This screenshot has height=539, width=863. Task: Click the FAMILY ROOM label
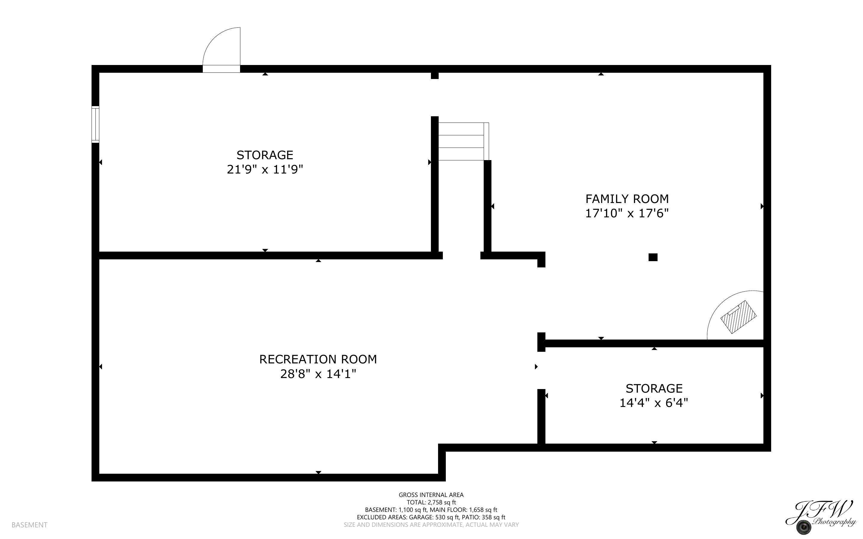click(627, 199)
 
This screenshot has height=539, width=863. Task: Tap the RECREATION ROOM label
click(318, 359)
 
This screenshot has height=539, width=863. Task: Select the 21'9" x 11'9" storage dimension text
click(265, 169)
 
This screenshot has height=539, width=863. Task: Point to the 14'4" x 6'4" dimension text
click(654, 403)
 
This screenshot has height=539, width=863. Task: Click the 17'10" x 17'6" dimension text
click(627, 213)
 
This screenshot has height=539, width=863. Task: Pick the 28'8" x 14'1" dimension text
click(318, 374)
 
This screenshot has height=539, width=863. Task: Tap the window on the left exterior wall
click(95, 124)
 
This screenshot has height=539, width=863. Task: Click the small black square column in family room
click(653, 257)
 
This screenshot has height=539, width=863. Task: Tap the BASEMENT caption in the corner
click(29, 525)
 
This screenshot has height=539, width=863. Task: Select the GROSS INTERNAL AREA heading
click(431, 495)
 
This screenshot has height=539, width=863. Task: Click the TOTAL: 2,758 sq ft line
click(431, 502)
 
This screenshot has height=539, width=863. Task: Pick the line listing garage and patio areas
click(431, 517)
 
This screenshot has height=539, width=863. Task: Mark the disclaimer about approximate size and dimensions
click(431, 525)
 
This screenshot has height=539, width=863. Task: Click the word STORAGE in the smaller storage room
click(654, 388)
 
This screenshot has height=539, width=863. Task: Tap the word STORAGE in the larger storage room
click(265, 155)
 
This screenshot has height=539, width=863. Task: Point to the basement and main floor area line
click(431, 510)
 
